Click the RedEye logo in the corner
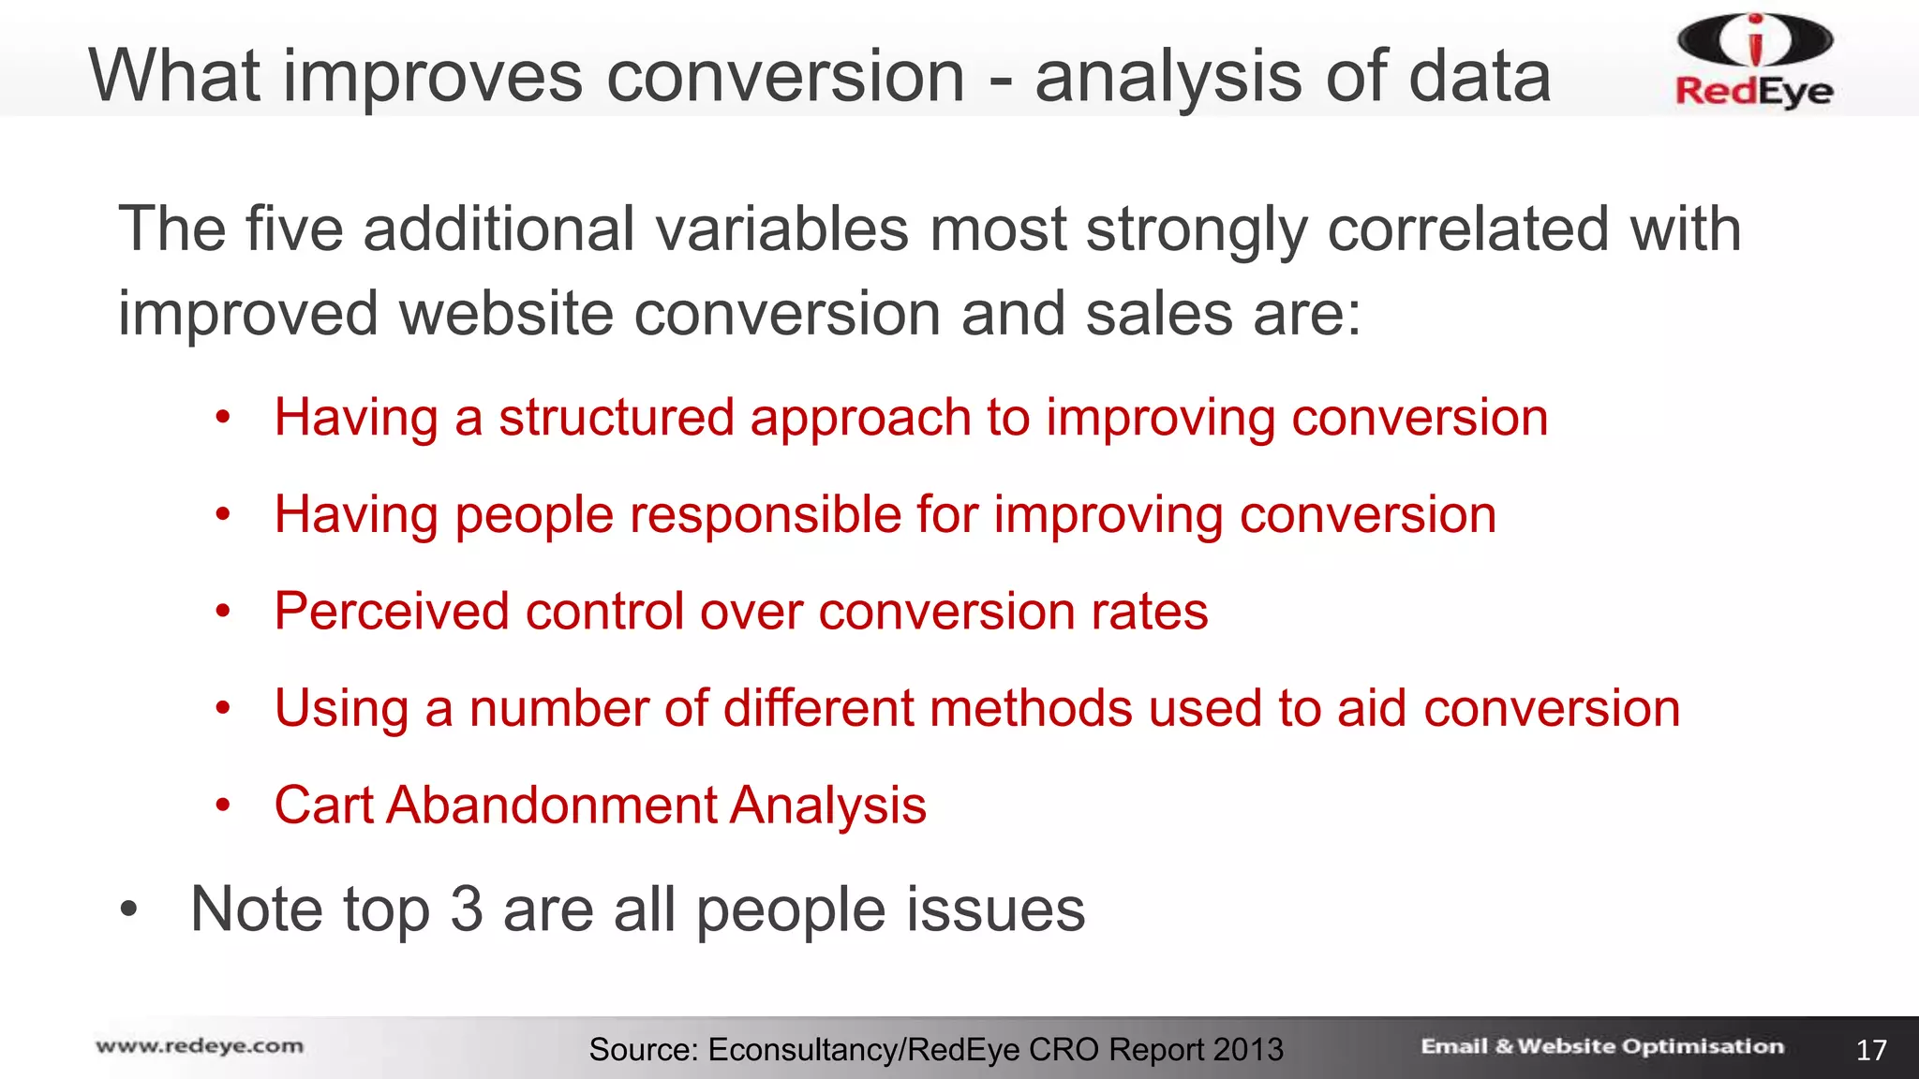[1754, 60]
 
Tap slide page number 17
[1871, 1050]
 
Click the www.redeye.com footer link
[200, 1046]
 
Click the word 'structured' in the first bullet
[616, 418]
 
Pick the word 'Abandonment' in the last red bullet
[551, 806]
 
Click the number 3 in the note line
[466, 909]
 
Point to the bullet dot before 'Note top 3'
[129, 909]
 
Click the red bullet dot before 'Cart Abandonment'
[222, 805]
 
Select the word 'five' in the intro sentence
[294, 229]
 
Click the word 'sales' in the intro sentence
[1158, 313]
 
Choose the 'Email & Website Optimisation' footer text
[1602, 1046]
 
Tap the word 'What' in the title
[174, 77]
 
